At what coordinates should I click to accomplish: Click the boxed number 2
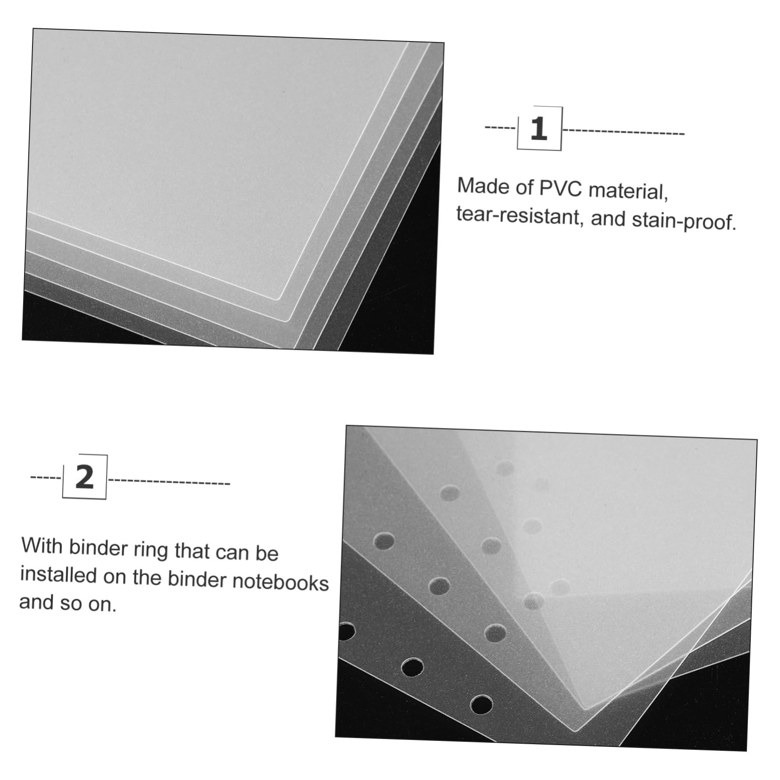pyautogui.click(x=85, y=477)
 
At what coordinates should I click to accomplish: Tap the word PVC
pyautogui.click(x=561, y=189)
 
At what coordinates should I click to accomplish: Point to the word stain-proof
pyautogui.click(x=684, y=221)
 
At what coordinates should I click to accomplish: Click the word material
pyautogui.click(x=628, y=191)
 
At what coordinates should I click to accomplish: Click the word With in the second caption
pyautogui.click(x=42, y=545)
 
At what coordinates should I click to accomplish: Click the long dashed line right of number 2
pyautogui.click(x=169, y=482)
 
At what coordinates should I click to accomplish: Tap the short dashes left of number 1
pyautogui.click(x=501, y=127)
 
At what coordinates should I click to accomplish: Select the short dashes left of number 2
pyautogui.click(x=46, y=477)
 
